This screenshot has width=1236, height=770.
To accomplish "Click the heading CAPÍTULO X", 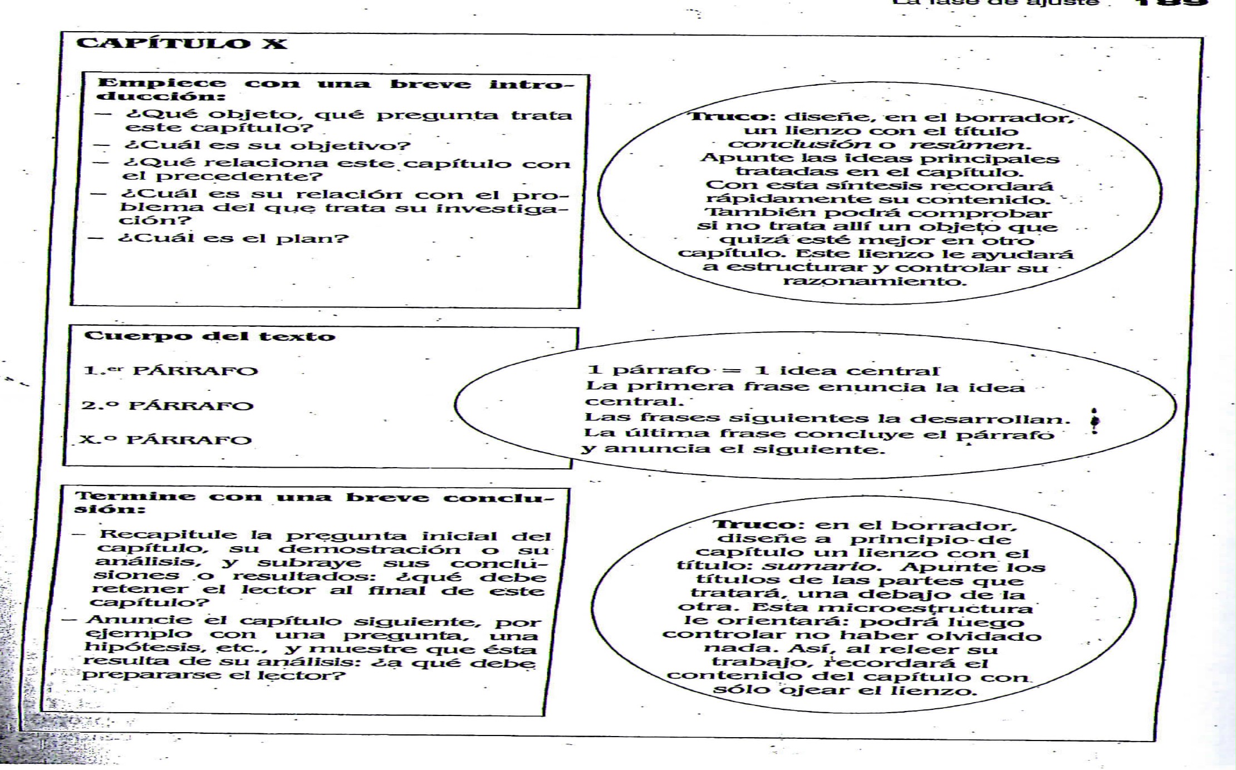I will (x=182, y=44).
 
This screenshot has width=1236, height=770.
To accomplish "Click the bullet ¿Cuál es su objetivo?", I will (x=267, y=146).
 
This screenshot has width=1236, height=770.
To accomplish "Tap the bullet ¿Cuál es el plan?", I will (x=234, y=238).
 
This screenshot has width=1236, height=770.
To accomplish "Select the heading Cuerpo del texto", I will (x=209, y=336).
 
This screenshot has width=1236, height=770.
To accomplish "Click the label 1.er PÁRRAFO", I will (x=170, y=371).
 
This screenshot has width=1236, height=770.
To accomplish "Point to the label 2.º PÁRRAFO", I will (x=167, y=405).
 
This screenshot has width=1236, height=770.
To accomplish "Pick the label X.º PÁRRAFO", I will (x=165, y=440).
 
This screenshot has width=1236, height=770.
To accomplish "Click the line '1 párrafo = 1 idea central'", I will (x=763, y=370).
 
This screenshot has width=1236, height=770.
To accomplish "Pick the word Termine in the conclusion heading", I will (x=135, y=496).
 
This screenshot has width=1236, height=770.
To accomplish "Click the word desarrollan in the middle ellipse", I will (x=999, y=418).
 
